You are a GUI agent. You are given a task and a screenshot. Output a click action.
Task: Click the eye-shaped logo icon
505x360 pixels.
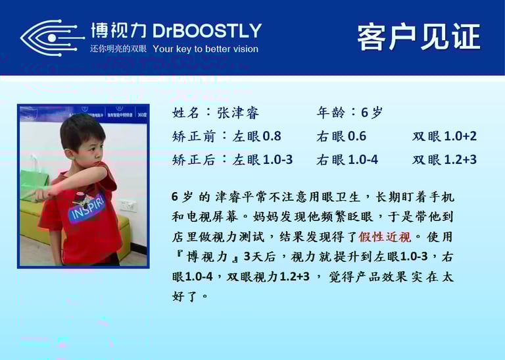point(51,38)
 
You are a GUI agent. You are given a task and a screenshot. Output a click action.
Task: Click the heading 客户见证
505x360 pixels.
point(419,37)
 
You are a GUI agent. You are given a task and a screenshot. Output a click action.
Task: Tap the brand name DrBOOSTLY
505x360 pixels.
point(206,31)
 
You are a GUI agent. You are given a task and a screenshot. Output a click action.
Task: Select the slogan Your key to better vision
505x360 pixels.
point(205,49)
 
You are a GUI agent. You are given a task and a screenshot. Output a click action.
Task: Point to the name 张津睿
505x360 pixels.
point(237,113)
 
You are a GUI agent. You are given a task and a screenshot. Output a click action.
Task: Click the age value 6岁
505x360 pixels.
point(372,113)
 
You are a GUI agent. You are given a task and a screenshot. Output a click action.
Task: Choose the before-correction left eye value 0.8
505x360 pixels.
point(272,136)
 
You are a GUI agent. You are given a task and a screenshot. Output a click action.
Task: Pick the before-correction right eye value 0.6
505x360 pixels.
point(357,136)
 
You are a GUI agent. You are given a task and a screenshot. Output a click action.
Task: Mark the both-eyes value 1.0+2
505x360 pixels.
point(460,136)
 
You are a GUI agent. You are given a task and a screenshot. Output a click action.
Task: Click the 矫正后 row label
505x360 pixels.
point(193,159)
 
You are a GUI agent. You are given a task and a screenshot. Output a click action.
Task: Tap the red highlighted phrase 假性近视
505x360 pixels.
point(385,237)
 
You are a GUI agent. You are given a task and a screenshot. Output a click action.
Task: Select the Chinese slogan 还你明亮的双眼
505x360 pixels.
point(118,49)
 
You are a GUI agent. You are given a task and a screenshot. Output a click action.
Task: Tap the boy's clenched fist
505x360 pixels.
point(42,194)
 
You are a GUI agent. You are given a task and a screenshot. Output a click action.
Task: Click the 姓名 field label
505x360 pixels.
point(185,113)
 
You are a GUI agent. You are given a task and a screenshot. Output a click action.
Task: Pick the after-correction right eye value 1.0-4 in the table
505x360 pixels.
point(363,159)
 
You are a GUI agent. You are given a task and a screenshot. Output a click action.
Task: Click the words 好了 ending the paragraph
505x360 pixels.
point(185,296)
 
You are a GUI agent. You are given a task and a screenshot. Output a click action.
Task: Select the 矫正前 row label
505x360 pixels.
point(193,136)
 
